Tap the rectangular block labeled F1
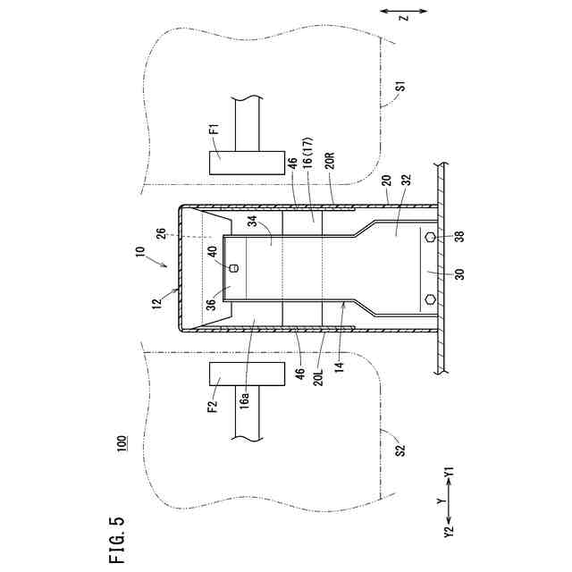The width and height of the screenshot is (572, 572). (x=240, y=162)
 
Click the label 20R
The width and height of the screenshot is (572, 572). (x=330, y=161)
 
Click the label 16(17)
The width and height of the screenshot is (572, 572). (x=309, y=161)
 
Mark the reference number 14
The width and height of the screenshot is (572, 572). (x=341, y=366)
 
